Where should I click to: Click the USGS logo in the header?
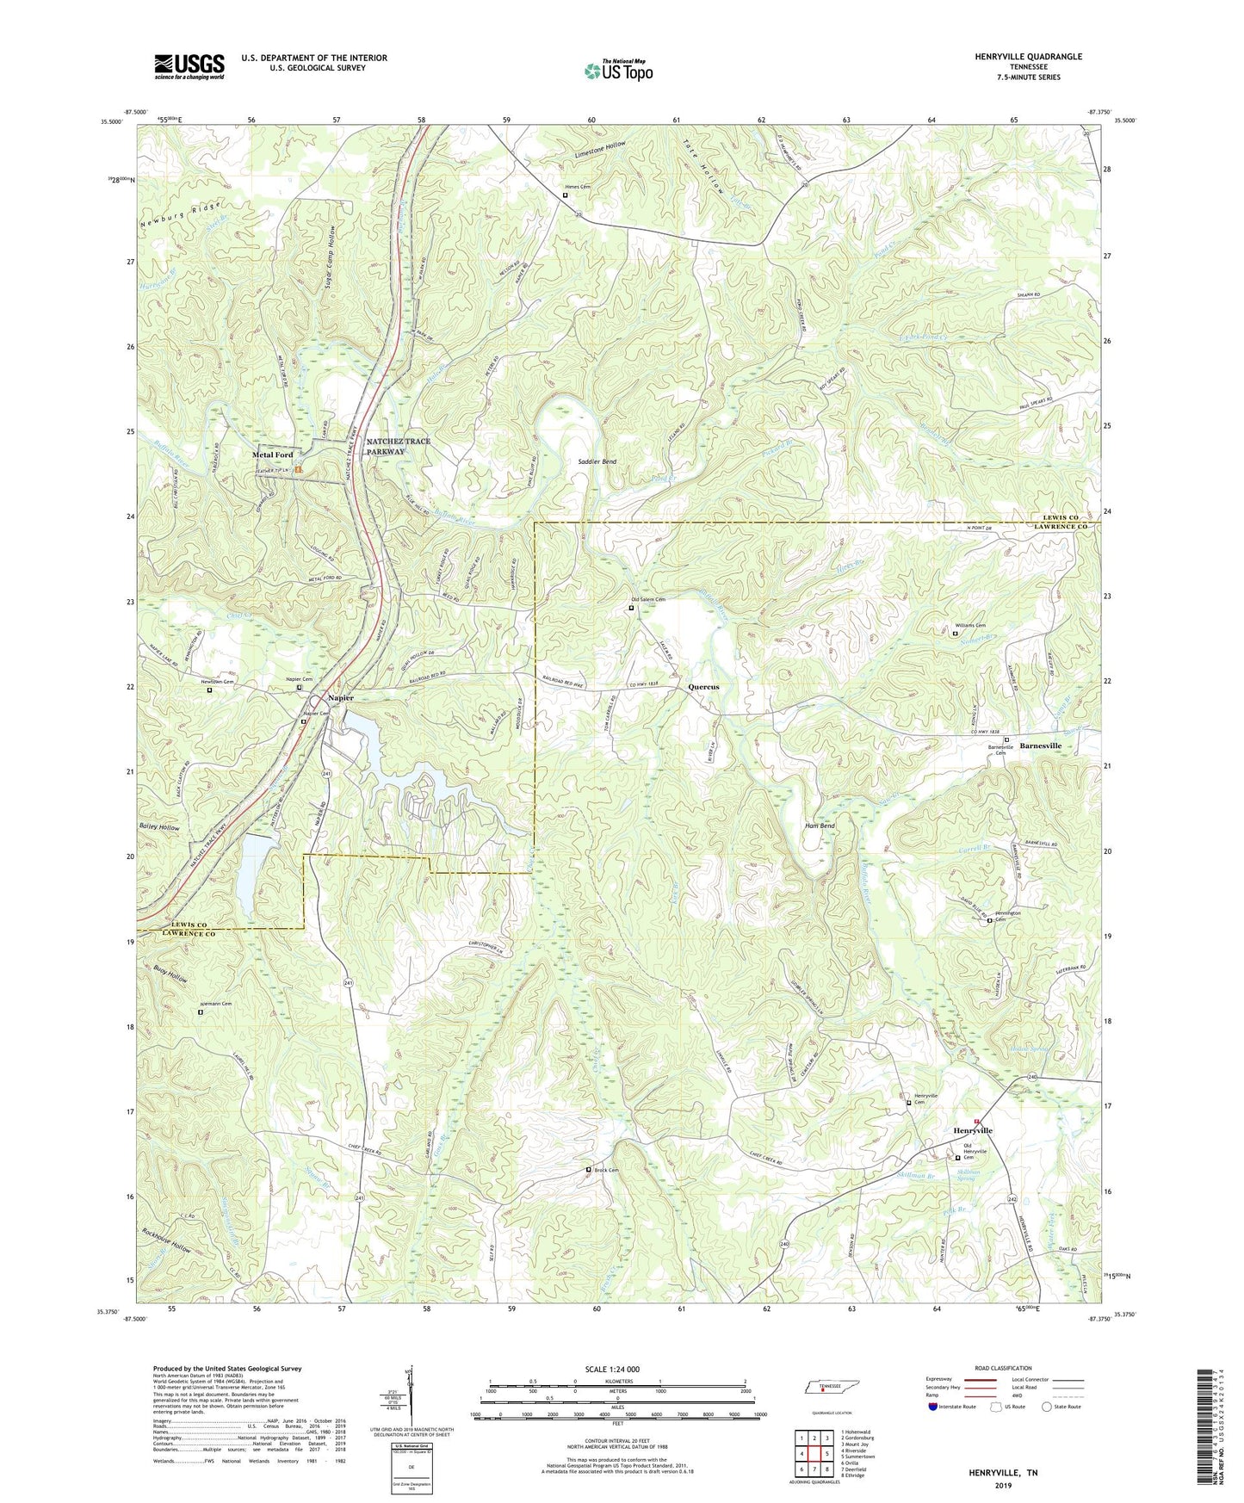[x=189, y=66]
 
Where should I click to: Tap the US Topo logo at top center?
[x=617, y=70]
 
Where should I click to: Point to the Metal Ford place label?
[x=272, y=455]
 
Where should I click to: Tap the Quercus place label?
[x=703, y=687]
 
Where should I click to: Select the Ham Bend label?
[x=819, y=826]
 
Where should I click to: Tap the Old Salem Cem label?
[x=648, y=599]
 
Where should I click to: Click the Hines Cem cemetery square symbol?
[x=566, y=195]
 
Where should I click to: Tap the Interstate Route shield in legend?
[x=934, y=1407]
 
